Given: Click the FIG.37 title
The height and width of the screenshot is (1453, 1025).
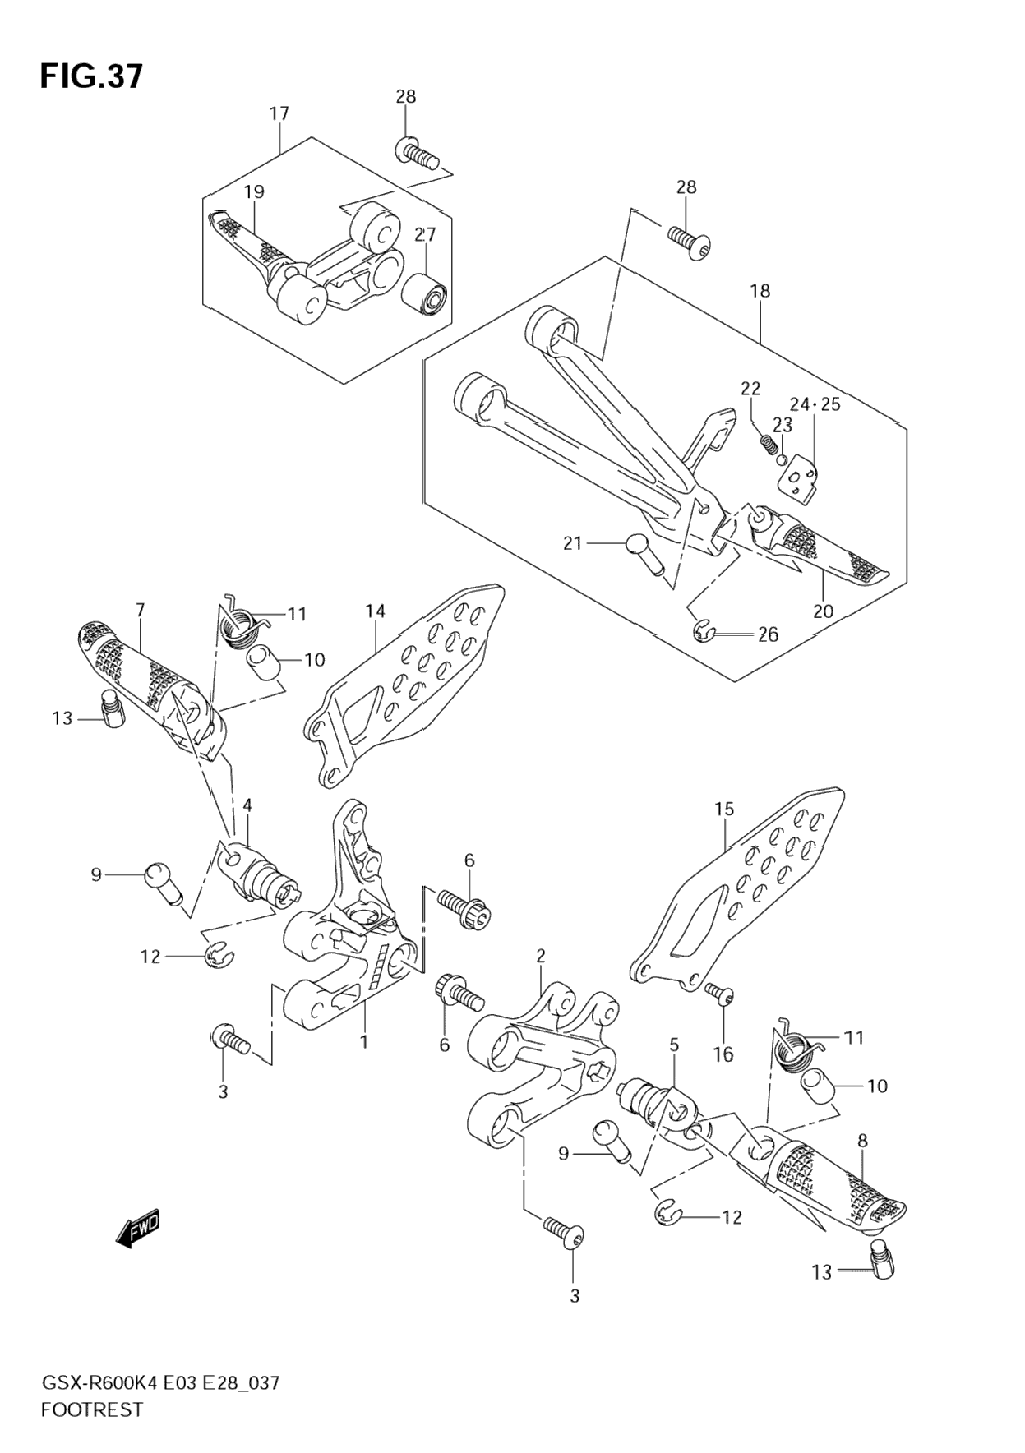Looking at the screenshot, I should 91,76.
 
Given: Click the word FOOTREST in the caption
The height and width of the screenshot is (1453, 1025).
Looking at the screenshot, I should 91,1409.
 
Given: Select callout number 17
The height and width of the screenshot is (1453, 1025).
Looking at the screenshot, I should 279,113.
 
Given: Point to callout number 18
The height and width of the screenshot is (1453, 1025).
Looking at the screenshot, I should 760,291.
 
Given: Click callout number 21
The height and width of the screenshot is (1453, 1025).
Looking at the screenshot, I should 572,543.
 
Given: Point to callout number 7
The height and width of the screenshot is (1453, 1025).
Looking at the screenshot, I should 140,611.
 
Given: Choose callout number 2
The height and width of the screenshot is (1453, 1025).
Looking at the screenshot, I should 540,956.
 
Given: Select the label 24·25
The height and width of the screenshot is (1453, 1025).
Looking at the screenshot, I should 815,404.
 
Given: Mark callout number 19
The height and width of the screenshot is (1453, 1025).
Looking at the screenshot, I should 253,191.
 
